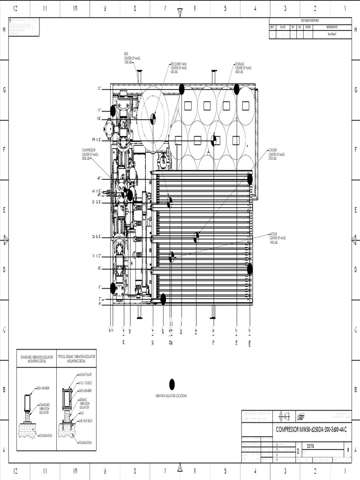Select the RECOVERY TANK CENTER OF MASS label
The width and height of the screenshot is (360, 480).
178,68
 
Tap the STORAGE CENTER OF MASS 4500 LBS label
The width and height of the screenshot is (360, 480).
243,68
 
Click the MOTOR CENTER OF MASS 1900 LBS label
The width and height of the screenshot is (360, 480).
277,238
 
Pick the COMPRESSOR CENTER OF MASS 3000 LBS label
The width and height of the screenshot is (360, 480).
90,154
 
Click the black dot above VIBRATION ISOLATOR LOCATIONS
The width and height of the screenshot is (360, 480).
172,384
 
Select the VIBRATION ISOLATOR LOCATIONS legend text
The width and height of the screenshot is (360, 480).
171,396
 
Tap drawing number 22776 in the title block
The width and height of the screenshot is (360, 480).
311,447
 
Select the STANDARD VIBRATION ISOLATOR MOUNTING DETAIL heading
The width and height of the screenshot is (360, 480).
37,360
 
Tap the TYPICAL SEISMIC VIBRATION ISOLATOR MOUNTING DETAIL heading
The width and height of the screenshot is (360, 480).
76,360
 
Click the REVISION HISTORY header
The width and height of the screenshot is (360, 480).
310,21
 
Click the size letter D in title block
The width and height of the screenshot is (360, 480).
299,451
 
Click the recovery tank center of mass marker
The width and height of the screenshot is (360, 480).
153,119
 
